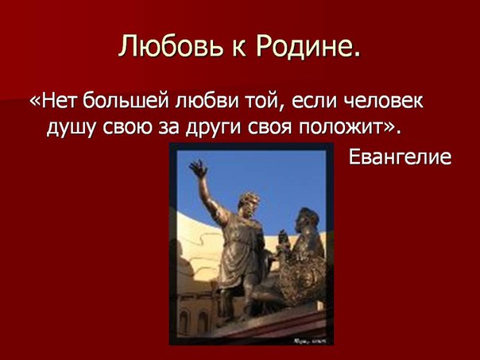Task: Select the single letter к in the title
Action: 239,48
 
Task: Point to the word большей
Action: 126,101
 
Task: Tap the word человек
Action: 384,101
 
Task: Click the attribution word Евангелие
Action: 400,157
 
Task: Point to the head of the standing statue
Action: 250,203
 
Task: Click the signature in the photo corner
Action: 310,340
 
